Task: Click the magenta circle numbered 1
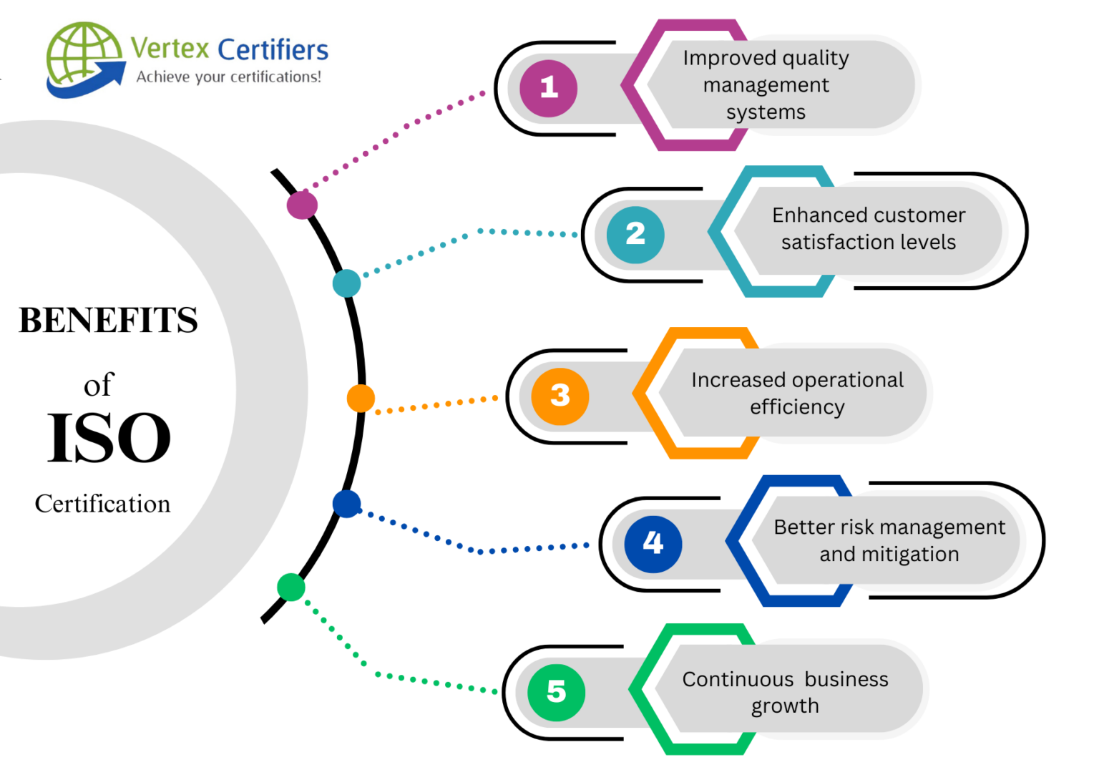(548, 88)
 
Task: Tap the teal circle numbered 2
(635, 234)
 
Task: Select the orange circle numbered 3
(560, 396)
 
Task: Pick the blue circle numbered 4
(653, 544)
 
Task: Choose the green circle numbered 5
(556, 692)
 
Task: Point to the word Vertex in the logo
(170, 49)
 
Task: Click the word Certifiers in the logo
(273, 50)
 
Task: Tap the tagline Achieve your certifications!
(229, 77)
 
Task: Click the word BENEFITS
(108, 320)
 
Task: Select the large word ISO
(109, 438)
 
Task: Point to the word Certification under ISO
(102, 504)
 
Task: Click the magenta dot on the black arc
(302, 205)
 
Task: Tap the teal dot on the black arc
(346, 283)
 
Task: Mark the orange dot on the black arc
(361, 399)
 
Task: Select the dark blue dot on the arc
(346, 504)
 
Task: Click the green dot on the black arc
(290, 587)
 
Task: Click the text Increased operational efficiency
(797, 393)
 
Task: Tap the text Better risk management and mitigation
(889, 540)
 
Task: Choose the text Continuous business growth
(785, 692)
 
